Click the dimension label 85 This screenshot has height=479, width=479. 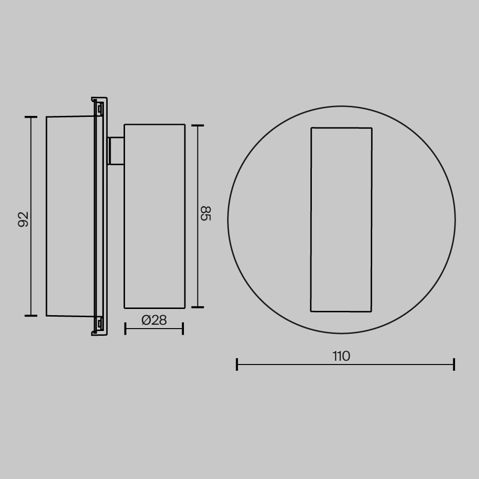point(205,213)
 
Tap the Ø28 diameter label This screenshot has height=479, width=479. point(154,320)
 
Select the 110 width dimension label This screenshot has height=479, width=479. point(341,356)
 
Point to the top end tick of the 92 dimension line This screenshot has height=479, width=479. point(31,117)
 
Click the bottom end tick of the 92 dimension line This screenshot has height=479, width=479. point(31,316)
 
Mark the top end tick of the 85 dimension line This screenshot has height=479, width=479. point(197,125)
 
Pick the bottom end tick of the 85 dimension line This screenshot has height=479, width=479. point(197,307)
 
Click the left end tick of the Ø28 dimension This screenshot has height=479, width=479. point(125,329)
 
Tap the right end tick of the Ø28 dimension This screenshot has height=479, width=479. point(183,329)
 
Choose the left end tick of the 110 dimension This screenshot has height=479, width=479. point(237,365)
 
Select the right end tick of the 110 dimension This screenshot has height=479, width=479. point(454,365)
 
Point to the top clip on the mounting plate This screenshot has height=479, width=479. point(99,109)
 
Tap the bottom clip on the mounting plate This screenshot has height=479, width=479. point(99,324)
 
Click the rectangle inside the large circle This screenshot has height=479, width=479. point(341,219)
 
